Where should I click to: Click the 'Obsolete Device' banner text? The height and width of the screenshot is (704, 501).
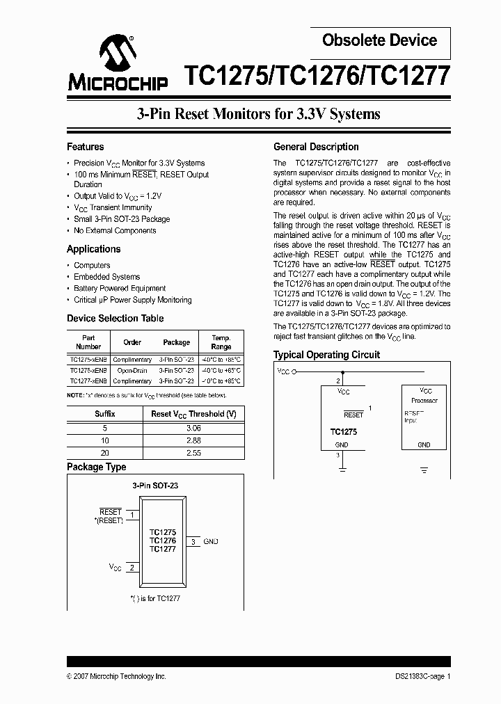(x=379, y=40)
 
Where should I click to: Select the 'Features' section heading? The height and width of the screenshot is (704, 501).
(x=85, y=147)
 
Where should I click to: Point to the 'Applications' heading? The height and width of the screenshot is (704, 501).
(x=93, y=249)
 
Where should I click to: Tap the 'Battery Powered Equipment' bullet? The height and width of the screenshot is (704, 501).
(x=120, y=288)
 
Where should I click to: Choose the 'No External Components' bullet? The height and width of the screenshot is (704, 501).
(x=115, y=230)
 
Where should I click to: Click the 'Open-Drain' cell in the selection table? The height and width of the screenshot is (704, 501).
(x=132, y=371)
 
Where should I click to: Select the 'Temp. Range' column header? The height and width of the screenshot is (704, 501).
(x=221, y=342)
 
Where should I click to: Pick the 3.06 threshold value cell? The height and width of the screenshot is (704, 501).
(x=193, y=429)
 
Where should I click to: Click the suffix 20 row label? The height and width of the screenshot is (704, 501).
(x=105, y=453)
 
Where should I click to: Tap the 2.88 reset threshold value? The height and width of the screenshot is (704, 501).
(x=193, y=441)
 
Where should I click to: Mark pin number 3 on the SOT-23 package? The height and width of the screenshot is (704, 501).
(x=193, y=541)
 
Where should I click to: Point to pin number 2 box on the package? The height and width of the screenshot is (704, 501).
(x=132, y=568)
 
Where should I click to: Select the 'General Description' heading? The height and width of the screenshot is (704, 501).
(x=316, y=147)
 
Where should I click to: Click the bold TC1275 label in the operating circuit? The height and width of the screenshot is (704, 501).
(x=343, y=431)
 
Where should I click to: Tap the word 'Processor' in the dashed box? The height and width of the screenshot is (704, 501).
(x=424, y=401)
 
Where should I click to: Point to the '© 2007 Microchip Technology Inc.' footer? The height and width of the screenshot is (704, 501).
(x=116, y=676)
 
